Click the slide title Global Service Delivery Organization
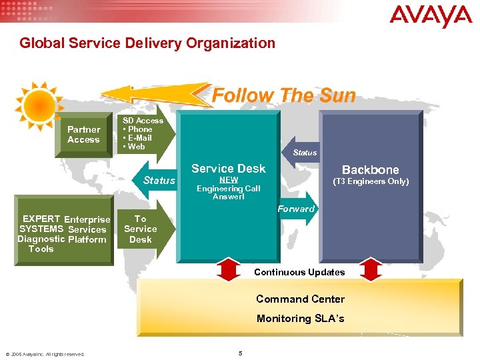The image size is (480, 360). (147, 43)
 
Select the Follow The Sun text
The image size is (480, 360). (283, 96)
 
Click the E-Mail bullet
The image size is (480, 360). (140, 138)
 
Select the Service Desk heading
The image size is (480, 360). (228, 169)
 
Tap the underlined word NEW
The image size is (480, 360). (229, 180)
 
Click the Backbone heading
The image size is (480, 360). (371, 170)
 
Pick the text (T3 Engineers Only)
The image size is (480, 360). (371, 181)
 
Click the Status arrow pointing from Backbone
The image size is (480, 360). (302, 153)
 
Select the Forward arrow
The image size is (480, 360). (296, 209)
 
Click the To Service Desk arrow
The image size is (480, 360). (143, 229)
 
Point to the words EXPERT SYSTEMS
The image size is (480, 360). (41, 224)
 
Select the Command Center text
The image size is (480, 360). (300, 299)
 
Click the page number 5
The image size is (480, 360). (240, 353)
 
